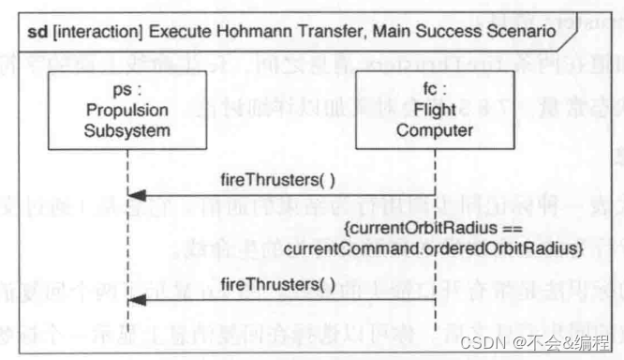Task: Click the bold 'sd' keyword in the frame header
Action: (x=38, y=34)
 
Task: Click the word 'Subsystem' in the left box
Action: (x=127, y=130)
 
